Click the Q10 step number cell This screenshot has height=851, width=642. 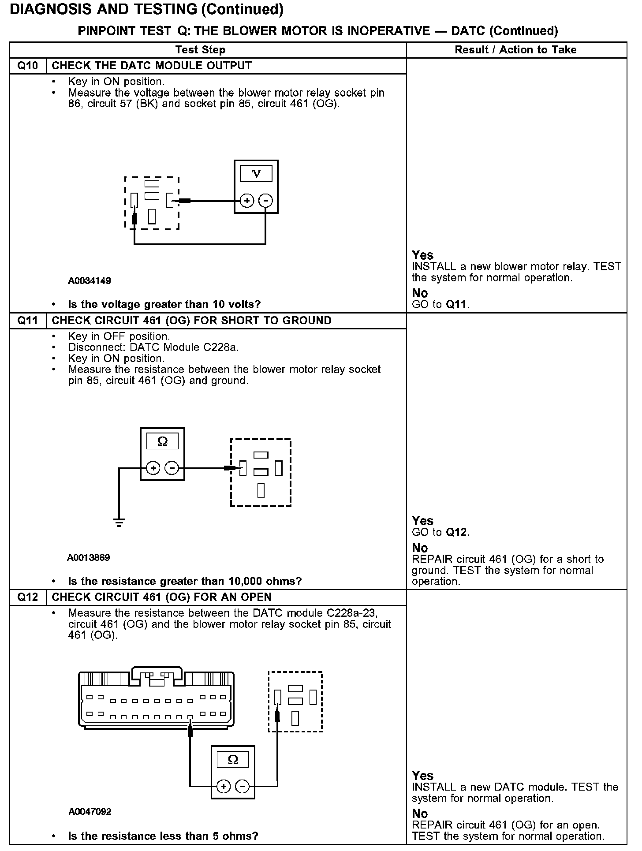(28, 66)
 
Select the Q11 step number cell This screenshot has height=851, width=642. (28, 321)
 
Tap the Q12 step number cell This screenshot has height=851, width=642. (28, 597)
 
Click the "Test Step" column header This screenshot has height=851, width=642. (200, 50)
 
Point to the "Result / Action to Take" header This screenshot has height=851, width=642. (515, 50)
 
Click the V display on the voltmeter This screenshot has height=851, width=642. (256, 174)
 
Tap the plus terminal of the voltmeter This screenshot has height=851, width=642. (247, 201)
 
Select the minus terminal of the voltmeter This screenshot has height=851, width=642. (265, 201)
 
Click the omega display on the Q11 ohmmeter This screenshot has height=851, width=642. (162, 441)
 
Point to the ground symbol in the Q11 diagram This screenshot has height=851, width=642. (119, 522)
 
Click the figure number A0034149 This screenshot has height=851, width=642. (90, 281)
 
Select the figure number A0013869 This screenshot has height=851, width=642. (88, 558)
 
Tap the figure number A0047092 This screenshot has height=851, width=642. (90, 812)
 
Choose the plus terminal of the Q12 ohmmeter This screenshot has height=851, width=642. (224, 787)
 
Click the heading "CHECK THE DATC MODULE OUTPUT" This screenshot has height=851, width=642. (152, 66)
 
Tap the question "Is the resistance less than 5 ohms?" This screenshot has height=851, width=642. (163, 836)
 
